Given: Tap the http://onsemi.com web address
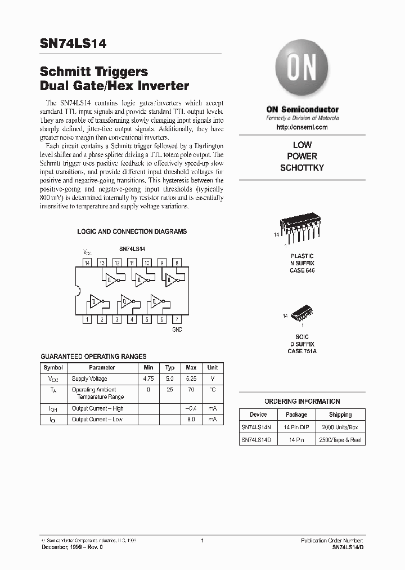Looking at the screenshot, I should coord(302,128).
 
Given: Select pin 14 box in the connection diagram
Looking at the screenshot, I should coord(87,263).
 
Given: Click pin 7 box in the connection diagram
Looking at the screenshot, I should coord(177,319).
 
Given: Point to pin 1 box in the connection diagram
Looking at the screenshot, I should coord(87,319).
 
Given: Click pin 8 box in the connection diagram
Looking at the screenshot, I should coord(177,263).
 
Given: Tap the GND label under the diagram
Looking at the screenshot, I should coord(177,329).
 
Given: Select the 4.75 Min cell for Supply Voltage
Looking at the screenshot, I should coord(149,379).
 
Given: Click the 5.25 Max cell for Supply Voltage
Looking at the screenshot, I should coord(191,379).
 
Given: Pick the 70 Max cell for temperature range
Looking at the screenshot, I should coord(191,389).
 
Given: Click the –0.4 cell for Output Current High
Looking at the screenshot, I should coord(191,408).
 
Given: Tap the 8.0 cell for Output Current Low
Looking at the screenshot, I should coord(191,419).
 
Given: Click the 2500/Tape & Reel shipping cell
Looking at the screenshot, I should coord(340,440).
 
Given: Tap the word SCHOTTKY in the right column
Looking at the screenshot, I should coord(302,168).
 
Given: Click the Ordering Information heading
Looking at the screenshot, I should coord(302,402).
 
